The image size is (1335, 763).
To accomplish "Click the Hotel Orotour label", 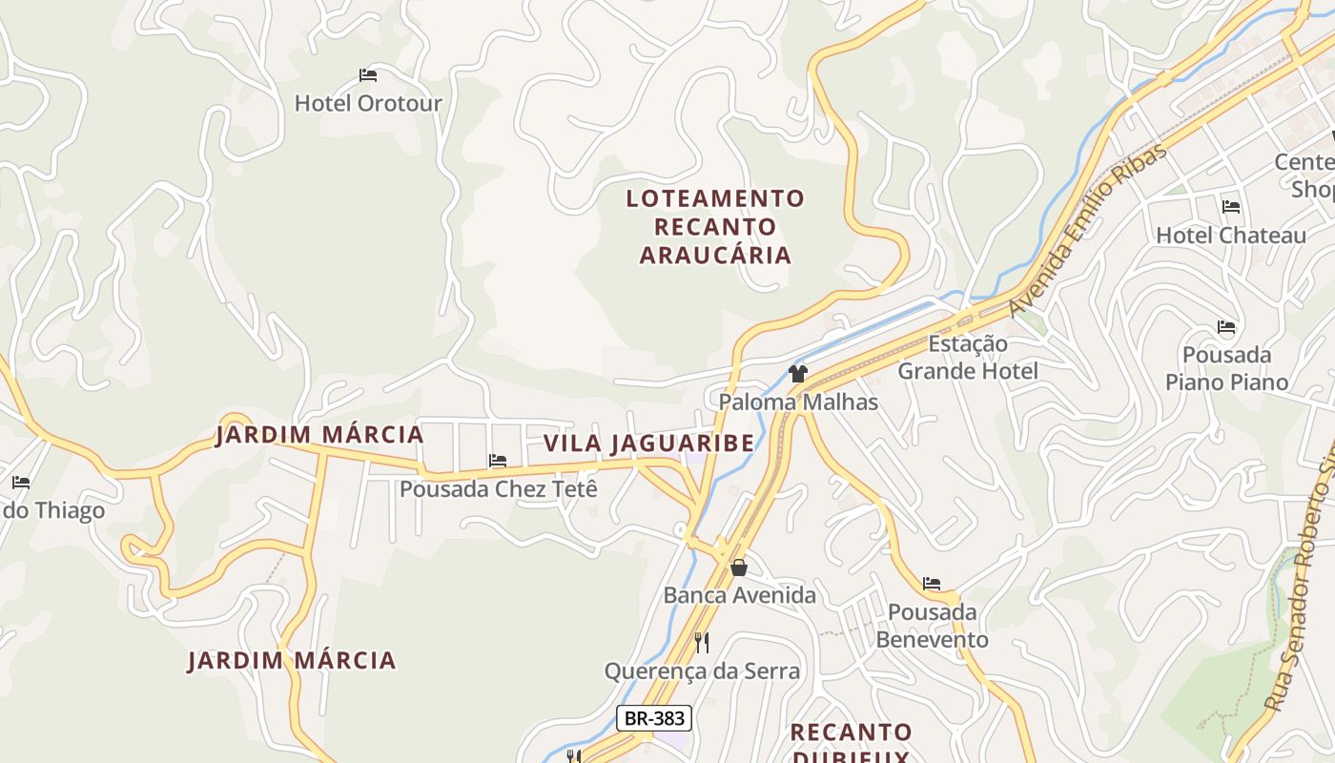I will tap(368, 103).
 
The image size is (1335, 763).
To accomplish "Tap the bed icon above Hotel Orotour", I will tap(368, 75).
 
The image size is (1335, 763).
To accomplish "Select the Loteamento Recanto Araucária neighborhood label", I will tap(715, 227).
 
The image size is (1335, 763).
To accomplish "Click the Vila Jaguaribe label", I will tap(648, 443).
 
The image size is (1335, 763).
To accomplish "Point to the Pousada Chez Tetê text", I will tap(499, 489).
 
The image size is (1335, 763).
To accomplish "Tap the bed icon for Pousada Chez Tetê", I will tap(498, 462).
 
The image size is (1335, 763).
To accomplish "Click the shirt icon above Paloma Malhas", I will tap(798, 374).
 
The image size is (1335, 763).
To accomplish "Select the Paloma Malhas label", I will tap(798, 402).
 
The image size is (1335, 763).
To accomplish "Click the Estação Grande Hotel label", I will tap(968, 358).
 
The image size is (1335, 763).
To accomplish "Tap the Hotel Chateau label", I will tap(1231, 236).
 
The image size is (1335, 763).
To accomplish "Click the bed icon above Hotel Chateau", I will tap(1231, 207).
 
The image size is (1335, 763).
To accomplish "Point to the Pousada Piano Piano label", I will tap(1227, 369).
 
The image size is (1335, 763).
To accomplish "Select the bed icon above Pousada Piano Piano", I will tap(1226, 328).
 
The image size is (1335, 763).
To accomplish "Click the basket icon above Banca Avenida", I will tap(739, 568).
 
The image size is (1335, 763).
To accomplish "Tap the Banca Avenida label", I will tap(740, 596).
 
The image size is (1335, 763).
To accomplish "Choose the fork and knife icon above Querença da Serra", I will tap(702, 642).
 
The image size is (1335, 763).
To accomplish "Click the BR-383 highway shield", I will tap(653, 718).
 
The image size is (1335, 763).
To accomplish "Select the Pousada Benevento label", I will tap(932, 626).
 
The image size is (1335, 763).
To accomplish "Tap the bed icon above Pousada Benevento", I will tap(932, 584).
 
